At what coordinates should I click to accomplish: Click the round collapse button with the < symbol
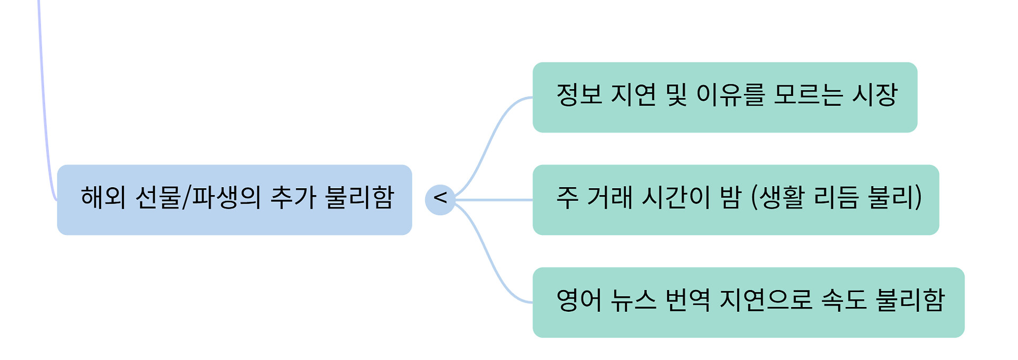[x=440, y=200]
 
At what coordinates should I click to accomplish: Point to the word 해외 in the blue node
[x=103, y=197]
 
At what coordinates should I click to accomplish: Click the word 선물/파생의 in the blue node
[x=198, y=197]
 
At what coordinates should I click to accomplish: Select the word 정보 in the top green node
[x=579, y=95]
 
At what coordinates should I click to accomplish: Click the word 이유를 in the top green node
[x=731, y=95]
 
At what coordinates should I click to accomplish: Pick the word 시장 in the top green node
[x=875, y=95]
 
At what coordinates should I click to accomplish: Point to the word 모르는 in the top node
[x=808, y=95]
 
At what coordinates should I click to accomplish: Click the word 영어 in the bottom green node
[x=579, y=300]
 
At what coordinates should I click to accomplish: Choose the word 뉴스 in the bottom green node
[x=634, y=300]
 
